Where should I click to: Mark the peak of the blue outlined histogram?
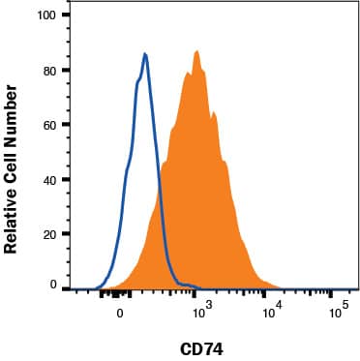pyautogui.click(x=144, y=54)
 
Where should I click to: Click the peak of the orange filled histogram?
pyautogui.click(x=196, y=50)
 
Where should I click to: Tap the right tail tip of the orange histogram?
pyautogui.click(x=283, y=288)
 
